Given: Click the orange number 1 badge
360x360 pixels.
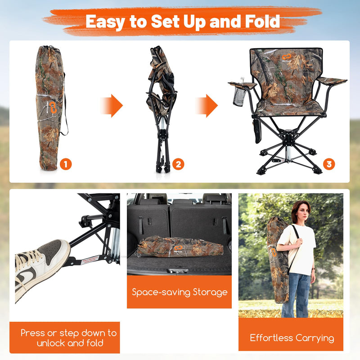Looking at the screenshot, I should pyautogui.click(x=66, y=164).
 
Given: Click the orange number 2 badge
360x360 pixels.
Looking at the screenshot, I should pyautogui.click(x=179, y=164).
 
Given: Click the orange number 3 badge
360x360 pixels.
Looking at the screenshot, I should pyautogui.click(x=328, y=164).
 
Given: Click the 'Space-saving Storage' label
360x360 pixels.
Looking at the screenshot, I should pyautogui.click(x=180, y=292).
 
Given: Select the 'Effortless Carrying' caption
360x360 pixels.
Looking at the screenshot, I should pyautogui.click(x=292, y=337).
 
